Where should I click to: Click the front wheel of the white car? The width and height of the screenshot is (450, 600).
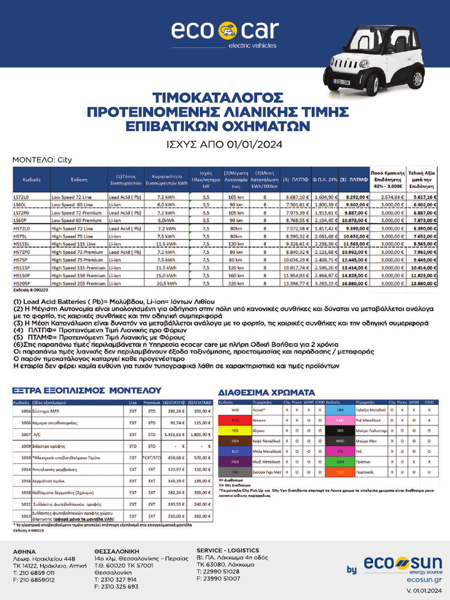(372, 84)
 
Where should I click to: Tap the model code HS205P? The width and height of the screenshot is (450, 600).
(22, 283)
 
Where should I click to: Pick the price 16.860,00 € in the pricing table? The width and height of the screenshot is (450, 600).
(356, 283)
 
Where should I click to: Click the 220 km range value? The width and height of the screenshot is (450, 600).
(236, 283)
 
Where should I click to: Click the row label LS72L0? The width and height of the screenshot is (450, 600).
(21, 198)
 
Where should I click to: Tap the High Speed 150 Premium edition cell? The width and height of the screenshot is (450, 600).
(79, 275)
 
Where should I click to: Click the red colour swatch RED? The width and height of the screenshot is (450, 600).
(235, 421)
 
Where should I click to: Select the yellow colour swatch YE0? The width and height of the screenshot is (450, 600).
(235, 430)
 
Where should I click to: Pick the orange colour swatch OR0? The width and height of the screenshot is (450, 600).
(340, 471)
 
